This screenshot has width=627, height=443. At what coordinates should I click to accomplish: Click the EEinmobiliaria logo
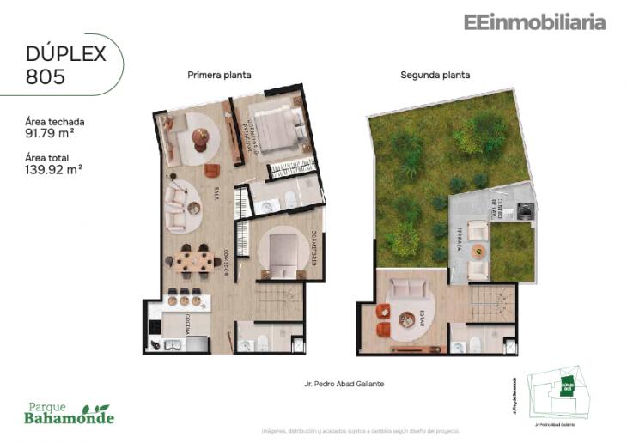pyautogui.click(x=534, y=23)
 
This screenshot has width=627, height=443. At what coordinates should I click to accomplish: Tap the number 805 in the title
pyautogui.click(x=46, y=76)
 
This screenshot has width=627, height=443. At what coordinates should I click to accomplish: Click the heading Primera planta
pyautogui.click(x=219, y=76)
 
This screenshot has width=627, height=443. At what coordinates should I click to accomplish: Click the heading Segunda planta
pyautogui.click(x=435, y=76)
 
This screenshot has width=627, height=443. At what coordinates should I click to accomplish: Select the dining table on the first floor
pyautogui.click(x=193, y=259)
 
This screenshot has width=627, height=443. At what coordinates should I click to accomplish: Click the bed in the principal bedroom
pyautogui.click(x=278, y=129)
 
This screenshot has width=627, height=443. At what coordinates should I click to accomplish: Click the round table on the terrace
pyautogui.click(x=478, y=252)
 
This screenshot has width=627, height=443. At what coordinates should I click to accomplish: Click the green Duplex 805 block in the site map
pyautogui.click(x=566, y=387)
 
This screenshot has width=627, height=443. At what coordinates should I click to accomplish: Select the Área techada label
pyautogui.click(x=55, y=121)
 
